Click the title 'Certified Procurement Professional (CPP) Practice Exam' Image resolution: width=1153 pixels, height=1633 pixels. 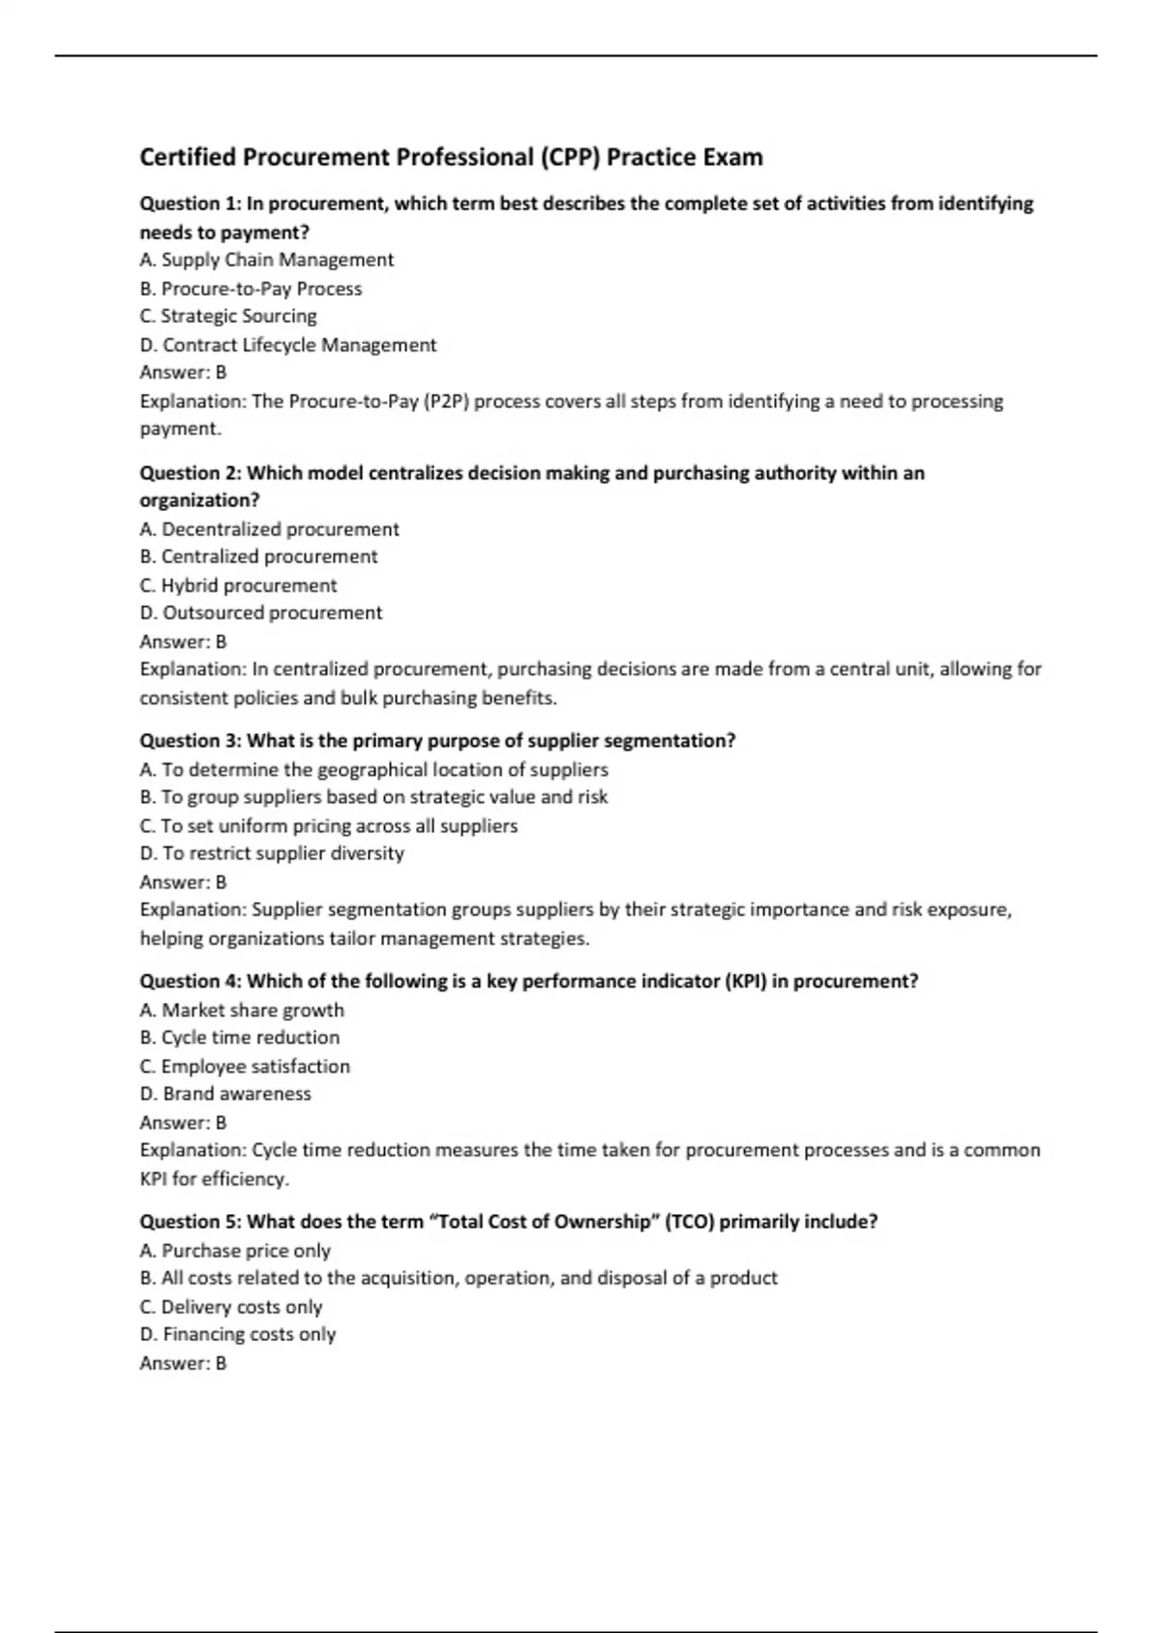coord(451,158)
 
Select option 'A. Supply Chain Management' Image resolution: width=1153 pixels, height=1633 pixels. coord(266,260)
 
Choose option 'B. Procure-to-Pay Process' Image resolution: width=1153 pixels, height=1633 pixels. coord(251,288)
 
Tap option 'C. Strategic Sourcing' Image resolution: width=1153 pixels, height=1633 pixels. coord(228,316)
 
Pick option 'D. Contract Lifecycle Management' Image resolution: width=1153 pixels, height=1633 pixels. coord(287,345)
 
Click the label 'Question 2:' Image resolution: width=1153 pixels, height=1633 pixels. coord(190,473)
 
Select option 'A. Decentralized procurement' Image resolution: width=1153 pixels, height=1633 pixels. coord(269,529)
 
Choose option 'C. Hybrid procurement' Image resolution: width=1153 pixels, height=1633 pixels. coord(238,585)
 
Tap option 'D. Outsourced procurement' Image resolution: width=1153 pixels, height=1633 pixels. coord(260,613)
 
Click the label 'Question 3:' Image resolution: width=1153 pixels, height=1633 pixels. coord(190,741)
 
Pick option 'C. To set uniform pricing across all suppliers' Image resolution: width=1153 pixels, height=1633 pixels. coord(328,826)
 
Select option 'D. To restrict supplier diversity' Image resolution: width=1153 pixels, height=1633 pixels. coord(272,853)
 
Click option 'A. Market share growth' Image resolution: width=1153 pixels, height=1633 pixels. coord(241,1010)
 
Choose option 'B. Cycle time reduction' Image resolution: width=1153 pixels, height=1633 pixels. coord(239,1037)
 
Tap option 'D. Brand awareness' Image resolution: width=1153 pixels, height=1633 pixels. coord(225,1094)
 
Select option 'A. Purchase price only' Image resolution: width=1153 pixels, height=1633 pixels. coord(234,1251)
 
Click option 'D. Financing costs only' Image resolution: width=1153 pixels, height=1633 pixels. coord(237,1334)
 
